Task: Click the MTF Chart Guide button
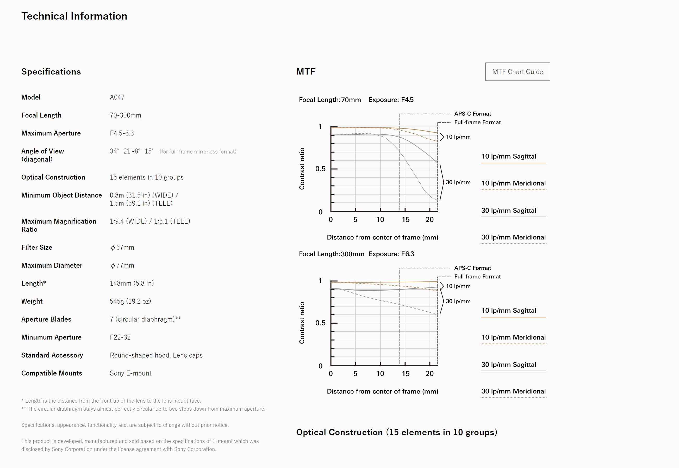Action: (517, 72)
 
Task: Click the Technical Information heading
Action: (74, 16)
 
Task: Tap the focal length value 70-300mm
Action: (126, 115)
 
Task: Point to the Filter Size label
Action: (37, 248)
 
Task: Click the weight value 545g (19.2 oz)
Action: (130, 301)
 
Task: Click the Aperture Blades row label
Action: (46, 319)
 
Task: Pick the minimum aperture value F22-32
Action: (120, 337)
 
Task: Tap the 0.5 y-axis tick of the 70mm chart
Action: (320, 169)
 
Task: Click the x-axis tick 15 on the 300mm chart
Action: (405, 374)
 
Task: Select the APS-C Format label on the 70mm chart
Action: (472, 114)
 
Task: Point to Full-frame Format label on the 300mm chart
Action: (477, 276)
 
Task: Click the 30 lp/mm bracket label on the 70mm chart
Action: (458, 182)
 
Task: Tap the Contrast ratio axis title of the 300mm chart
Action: (302, 323)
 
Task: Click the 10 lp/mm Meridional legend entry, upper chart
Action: (513, 183)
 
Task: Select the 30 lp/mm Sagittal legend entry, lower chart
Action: (508, 365)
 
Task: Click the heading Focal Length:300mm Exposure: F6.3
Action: (356, 254)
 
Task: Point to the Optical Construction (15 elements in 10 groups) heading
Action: (396, 432)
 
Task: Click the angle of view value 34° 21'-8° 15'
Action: (131, 151)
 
